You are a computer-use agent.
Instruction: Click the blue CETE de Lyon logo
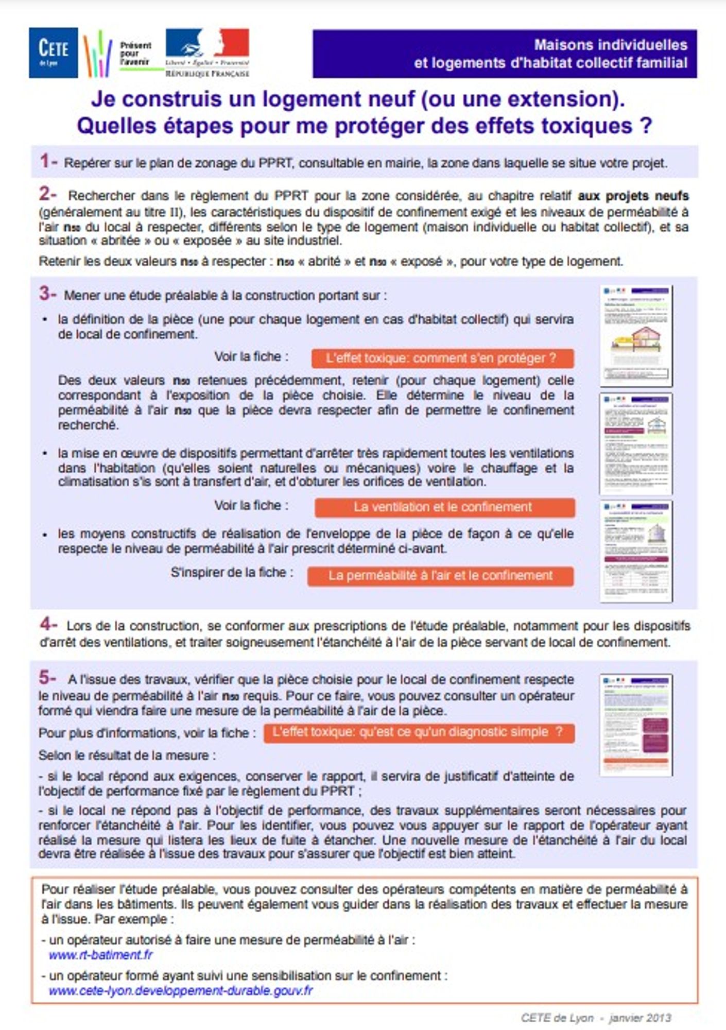coord(53,53)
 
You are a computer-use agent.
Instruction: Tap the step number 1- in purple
coord(48,161)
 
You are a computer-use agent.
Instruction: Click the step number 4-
coord(48,625)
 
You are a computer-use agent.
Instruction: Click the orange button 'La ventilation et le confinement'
coord(444,507)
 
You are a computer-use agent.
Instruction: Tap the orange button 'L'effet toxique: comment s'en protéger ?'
coord(442,358)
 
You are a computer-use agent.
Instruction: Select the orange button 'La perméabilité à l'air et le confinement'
coord(440,576)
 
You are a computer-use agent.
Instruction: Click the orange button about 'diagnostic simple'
coord(419,733)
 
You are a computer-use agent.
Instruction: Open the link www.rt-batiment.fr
coord(101,955)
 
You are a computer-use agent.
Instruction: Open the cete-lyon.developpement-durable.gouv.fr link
coord(181,990)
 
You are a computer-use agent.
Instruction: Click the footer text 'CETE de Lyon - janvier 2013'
coord(596,1018)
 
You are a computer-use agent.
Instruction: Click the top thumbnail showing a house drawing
coord(636,336)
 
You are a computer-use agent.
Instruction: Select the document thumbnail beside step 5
coord(636,725)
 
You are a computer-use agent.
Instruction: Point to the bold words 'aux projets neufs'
coord(633,196)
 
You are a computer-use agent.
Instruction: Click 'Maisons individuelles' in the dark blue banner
coord(610,45)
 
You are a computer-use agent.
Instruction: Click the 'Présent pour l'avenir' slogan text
coord(135,54)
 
